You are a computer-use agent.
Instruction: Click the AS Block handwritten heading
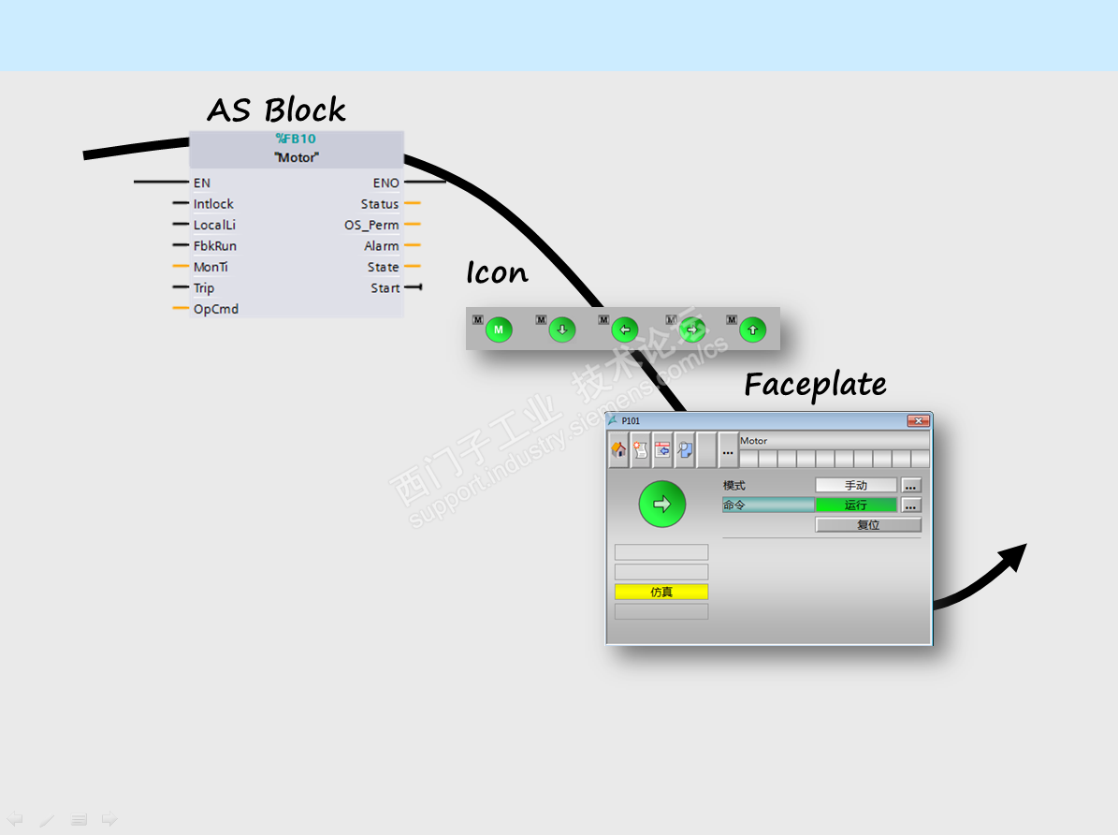276,110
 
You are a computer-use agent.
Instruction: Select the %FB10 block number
296,139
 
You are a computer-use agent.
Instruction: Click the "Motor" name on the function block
296,157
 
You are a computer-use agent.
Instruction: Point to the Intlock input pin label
213,204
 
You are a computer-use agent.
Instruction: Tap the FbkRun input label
214,246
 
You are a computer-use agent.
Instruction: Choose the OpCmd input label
215,309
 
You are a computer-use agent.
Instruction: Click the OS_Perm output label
371,225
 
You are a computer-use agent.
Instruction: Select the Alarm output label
381,246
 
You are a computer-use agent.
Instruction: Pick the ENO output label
385,183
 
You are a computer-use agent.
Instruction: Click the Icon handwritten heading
497,273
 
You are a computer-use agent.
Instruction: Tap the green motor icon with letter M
499,330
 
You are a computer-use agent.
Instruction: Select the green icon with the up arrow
753,330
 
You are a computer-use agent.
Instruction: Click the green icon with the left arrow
625,330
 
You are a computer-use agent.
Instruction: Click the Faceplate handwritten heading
815,385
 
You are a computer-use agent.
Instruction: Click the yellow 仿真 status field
661,592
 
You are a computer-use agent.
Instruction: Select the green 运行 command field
855,505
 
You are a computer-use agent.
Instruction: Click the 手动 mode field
855,486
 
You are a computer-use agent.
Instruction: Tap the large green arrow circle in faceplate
662,505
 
